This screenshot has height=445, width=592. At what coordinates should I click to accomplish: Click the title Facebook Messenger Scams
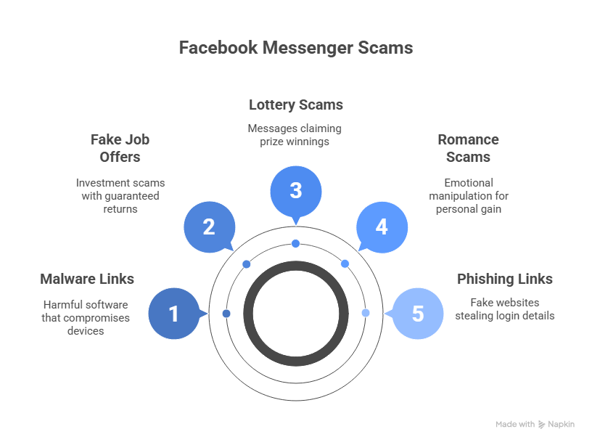click(296, 48)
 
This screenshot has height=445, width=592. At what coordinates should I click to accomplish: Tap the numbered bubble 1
click(173, 314)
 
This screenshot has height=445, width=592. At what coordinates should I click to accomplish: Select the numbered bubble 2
click(209, 226)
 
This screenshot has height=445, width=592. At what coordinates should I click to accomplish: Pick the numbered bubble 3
click(295, 191)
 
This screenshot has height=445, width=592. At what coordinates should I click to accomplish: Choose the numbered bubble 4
click(382, 226)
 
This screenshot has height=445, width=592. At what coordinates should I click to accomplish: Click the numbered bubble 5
click(417, 314)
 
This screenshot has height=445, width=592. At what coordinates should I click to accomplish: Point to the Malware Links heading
click(87, 279)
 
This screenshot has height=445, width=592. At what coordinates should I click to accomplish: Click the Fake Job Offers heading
click(120, 147)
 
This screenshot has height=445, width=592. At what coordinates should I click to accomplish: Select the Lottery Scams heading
click(295, 105)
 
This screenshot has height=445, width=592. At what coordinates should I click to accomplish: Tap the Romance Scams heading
click(468, 147)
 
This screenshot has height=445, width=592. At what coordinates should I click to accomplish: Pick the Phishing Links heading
click(504, 279)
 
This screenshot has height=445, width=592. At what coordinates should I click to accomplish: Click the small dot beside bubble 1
click(226, 314)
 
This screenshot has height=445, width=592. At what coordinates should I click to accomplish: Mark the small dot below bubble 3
click(295, 243)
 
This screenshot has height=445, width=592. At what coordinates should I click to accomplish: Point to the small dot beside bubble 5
click(366, 313)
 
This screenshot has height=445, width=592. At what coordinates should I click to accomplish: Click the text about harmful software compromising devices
click(86, 317)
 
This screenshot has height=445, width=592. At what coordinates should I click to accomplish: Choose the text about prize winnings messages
click(295, 134)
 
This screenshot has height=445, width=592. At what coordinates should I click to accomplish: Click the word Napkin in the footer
click(561, 424)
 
